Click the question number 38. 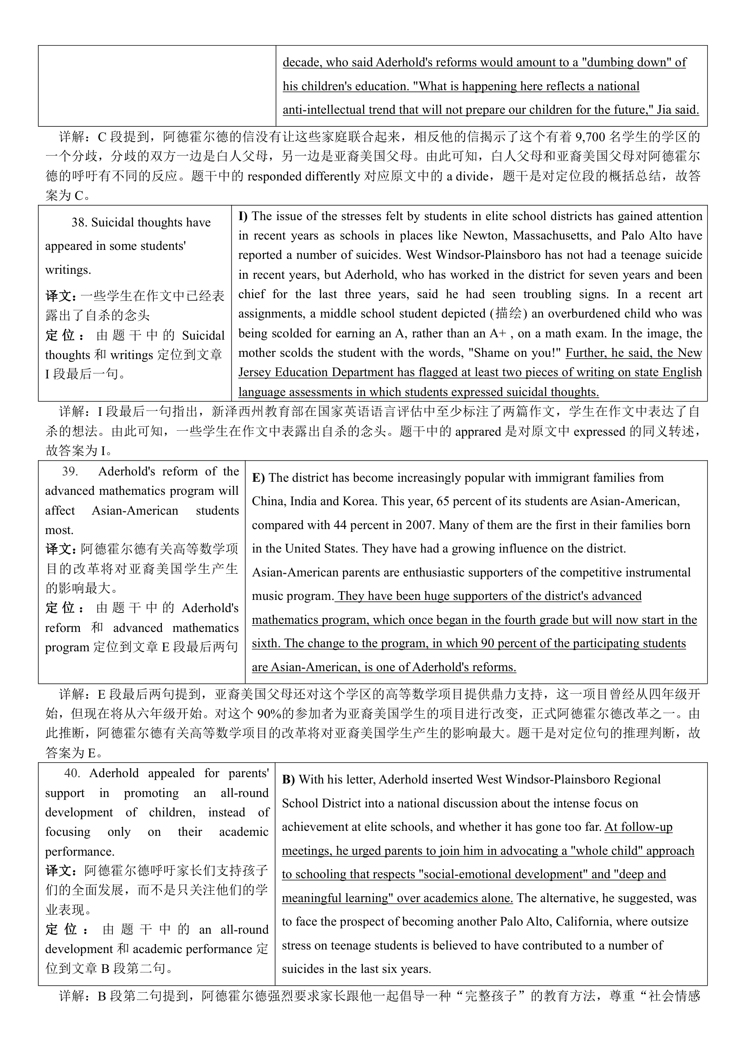pos(79,222)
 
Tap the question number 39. pos(70,471)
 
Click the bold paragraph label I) pos(243,216)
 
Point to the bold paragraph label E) pos(258,477)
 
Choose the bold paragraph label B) pos(289,779)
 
